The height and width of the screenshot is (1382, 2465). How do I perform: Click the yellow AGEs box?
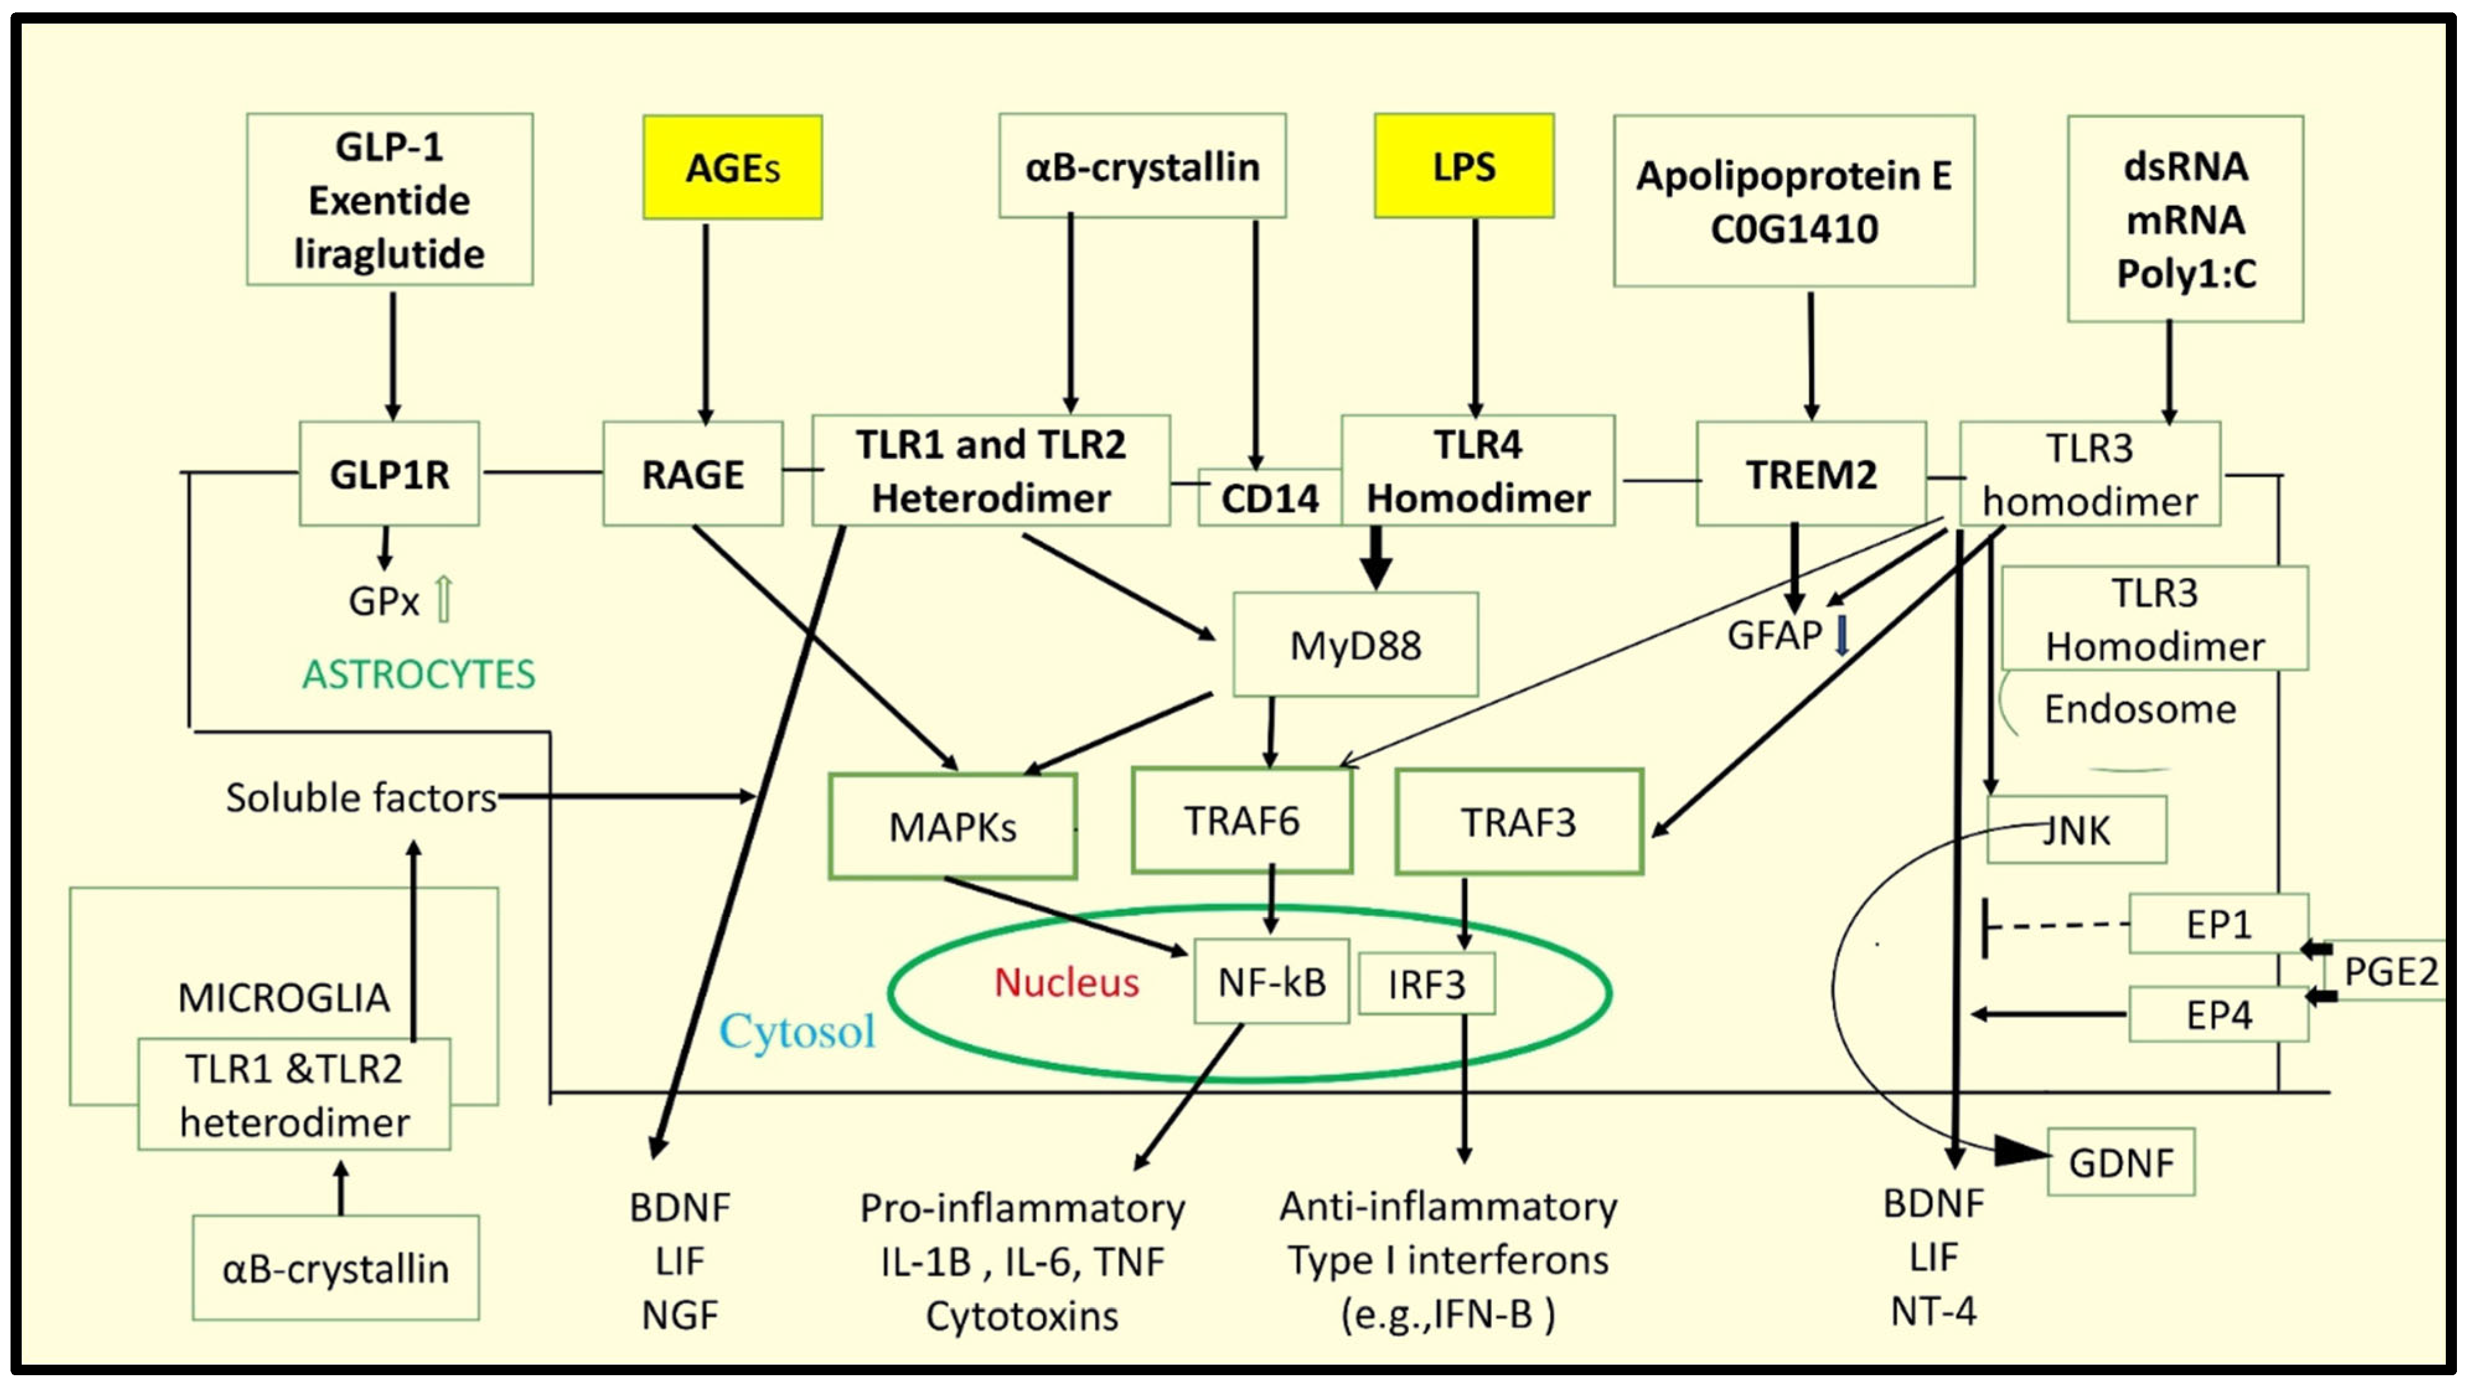[x=732, y=167]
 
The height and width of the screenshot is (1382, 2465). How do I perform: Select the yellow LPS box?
[x=1463, y=166]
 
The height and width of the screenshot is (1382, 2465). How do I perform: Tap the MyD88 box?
[x=1355, y=644]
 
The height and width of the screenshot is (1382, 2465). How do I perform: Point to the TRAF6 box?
[x=1241, y=820]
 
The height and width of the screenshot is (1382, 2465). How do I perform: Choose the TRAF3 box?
[x=1518, y=822]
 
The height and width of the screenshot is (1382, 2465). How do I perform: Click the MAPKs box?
[x=952, y=826]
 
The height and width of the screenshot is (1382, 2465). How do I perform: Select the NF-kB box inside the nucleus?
[x=1271, y=981]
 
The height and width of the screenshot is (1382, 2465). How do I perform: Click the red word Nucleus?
[x=1066, y=982]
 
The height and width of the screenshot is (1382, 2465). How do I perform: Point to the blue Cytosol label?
[x=797, y=1030]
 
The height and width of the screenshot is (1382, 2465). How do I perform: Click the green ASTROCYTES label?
[x=418, y=674]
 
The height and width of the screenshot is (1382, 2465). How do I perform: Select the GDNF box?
[x=2120, y=1162]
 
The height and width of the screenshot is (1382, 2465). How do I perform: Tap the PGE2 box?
[x=2389, y=970]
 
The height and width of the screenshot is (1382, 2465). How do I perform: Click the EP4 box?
[x=2218, y=1014]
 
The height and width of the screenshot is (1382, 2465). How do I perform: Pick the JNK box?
[x=2076, y=830]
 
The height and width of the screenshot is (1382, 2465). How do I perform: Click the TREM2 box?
[x=1810, y=474]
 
